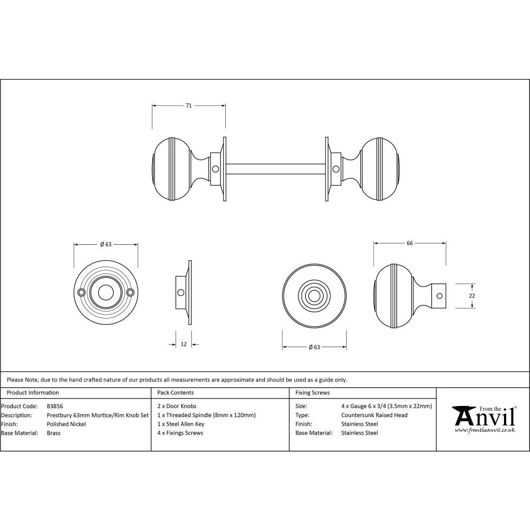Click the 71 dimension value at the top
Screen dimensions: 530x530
pyautogui.click(x=188, y=105)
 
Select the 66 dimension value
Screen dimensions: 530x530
pyautogui.click(x=409, y=243)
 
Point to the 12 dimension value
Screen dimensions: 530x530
pyautogui.click(x=183, y=344)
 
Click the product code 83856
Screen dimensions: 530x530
pyautogui.click(x=55, y=406)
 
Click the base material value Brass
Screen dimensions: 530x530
pyautogui.click(x=54, y=433)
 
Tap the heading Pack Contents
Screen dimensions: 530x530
pyautogui.click(x=175, y=393)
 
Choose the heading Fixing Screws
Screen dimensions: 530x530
pyautogui.click(x=312, y=393)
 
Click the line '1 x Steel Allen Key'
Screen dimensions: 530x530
pyautogui.click(x=181, y=424)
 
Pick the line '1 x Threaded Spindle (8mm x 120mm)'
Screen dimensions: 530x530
pyautogui.click(x=206, y=415)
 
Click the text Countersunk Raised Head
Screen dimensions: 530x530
pyautogui.click(x=374, y=415)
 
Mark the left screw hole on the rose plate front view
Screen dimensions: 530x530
pyautogui.click(x=82, y=292)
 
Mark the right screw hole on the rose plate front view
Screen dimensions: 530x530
pyautogui.click(x=130, y=292)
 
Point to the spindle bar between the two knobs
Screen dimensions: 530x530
pyautogui.click(x=276, y=169)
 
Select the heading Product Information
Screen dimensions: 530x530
pyautogui.click(x=33, y=393)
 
